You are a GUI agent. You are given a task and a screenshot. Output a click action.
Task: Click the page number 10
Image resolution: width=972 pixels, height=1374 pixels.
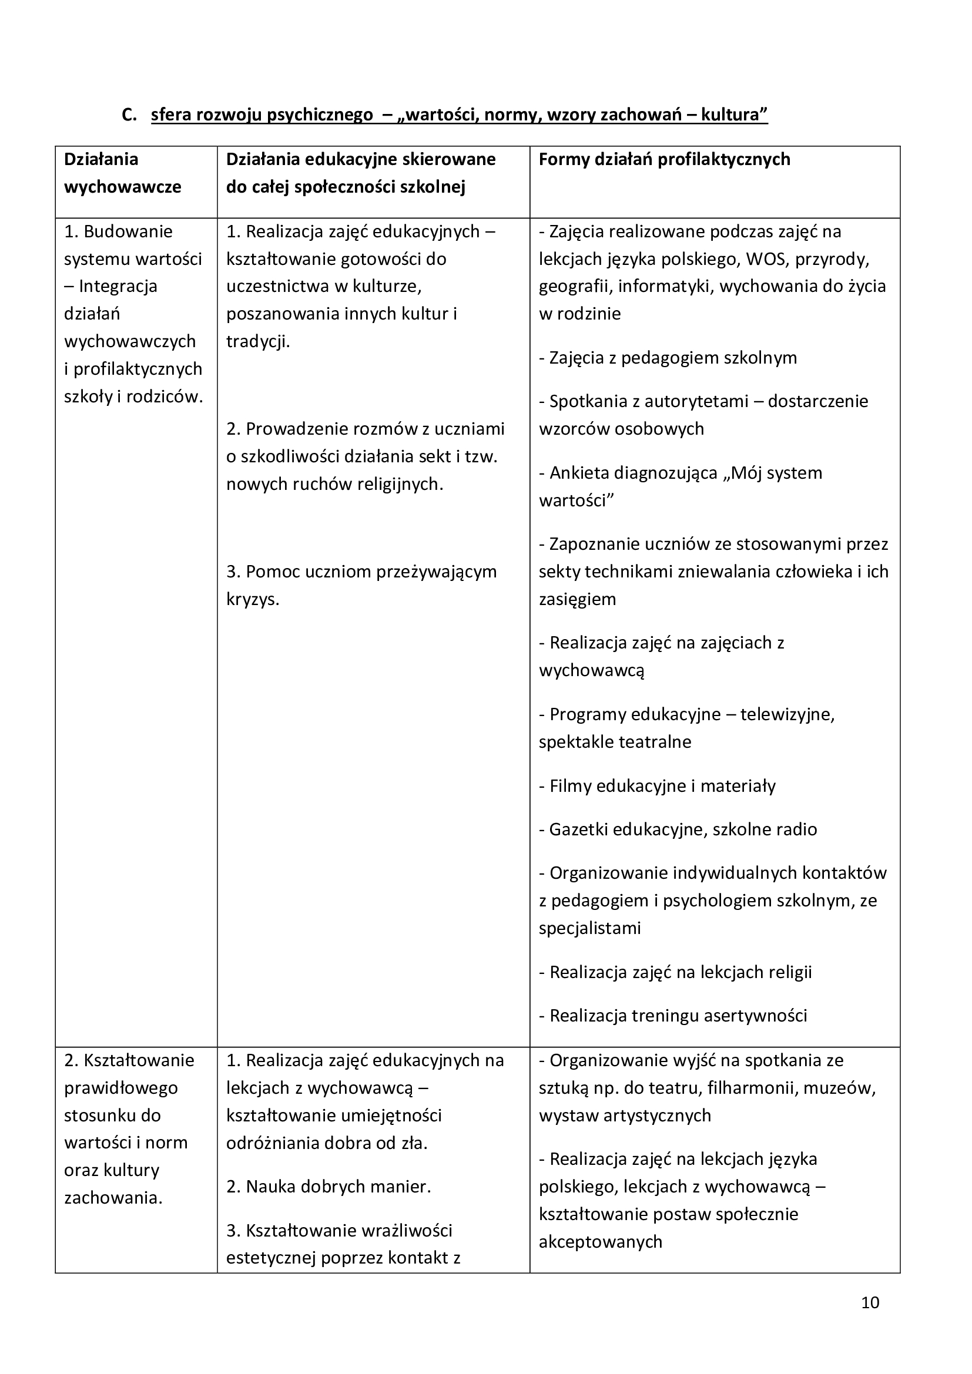(870, 1319)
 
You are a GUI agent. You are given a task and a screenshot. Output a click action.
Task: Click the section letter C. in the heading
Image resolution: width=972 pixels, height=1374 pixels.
(129, 115)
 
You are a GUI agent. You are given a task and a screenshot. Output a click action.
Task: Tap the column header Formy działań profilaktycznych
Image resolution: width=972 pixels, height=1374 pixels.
(665, 159)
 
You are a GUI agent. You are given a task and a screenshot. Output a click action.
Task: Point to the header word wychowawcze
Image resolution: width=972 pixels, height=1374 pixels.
(123, 187)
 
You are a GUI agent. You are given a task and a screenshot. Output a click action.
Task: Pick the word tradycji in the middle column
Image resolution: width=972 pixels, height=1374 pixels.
(257, 341)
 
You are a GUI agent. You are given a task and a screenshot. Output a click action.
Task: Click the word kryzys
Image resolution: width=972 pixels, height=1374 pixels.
(253, 599)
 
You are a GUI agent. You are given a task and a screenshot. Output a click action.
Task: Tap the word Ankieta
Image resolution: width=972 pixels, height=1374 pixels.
(577, 472)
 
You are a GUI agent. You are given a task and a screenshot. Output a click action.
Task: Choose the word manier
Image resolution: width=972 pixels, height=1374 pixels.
(404, 1186)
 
